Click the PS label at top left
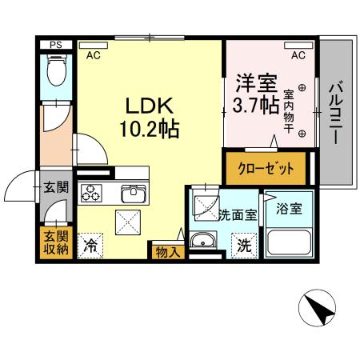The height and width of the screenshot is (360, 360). (54, 46)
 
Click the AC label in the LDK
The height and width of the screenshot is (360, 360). (94, 55)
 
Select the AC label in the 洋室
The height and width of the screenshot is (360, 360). (298, 55)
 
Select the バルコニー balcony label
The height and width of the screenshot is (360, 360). (337, 111)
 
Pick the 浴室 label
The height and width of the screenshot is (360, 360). (289, 209)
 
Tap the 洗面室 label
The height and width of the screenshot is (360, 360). (238, 214)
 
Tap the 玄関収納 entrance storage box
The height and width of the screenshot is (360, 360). (56, 242)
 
